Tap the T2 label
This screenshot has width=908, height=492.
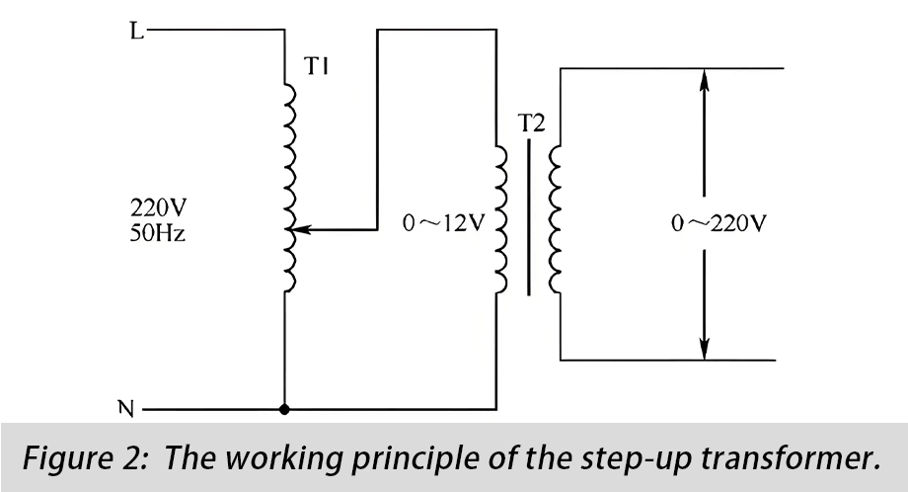tap(532, 125)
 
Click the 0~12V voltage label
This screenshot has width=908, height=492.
tap(444, 222)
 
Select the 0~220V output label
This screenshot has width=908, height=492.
tap(718, 222)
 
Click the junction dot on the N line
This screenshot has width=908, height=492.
tap(285, 408)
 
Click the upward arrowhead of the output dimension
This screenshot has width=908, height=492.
tap(704, 78)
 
